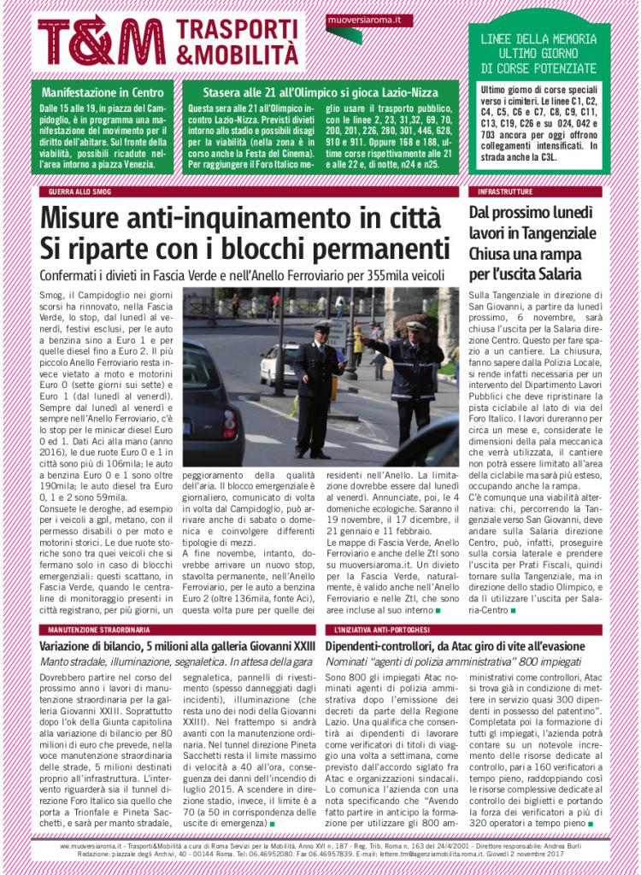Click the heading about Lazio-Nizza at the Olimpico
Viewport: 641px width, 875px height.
click(320, 92)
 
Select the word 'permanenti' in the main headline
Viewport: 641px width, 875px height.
click(372, 249)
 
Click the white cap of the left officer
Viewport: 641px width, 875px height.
click(322, 326)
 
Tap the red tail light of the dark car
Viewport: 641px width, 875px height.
click(231, 420)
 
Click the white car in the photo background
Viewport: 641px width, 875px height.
click(278, 363)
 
